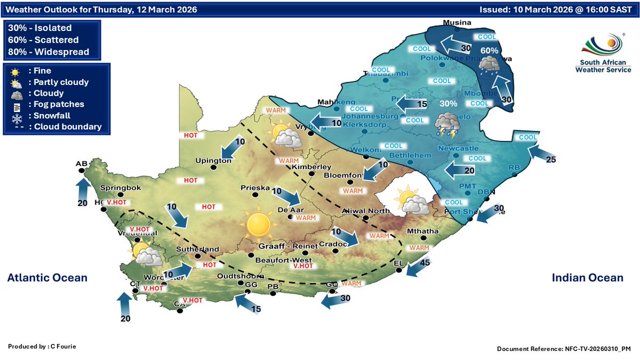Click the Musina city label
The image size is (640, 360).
click(458, 23)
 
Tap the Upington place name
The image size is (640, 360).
click(213, 161)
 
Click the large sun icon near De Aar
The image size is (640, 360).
click(259, 223)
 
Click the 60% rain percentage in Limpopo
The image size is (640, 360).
click(489, 50)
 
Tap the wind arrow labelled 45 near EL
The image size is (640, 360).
click(415, 267)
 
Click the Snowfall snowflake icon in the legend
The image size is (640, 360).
click(15, 116)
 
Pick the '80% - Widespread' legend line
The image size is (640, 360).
click(49, 52)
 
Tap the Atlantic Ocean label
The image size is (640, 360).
click(47, 278)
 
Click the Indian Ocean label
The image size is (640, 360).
click(587, 278)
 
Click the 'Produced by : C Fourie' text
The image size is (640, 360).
click(42, 347)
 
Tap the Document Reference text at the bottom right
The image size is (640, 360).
click(564, 349)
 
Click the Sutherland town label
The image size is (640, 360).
click(198, 249)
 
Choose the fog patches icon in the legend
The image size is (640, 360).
click(15, 105)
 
